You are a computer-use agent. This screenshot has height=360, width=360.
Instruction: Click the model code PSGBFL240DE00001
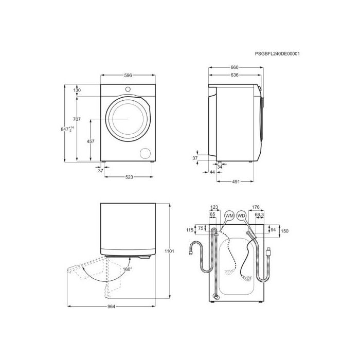pyautogui.click(x=277, y=53)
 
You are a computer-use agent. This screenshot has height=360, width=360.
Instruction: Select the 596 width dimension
pyautogui.click(x=128, y=75)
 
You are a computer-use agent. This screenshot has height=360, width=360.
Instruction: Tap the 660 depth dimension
pyautogui.click(x=235, y=67)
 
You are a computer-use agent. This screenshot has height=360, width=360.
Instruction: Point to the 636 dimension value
pyautogui.click(x=235, y=75)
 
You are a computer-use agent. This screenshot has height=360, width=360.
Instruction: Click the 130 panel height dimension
pyautogui.click(x=77, y=90)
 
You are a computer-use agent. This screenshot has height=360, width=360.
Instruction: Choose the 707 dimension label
pyautogui.click(x=77, y=119)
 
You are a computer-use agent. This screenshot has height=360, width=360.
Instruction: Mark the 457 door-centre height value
pyautogui.click(x=91, y=141)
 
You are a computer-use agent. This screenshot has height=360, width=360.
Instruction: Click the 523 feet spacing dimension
pyautogui.click(x=129, y=177)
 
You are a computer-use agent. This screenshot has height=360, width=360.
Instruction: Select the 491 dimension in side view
pyautogui.click(x=236, y=182)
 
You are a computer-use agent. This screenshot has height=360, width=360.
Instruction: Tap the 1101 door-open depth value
pyautogui.click(x=169, y=251)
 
